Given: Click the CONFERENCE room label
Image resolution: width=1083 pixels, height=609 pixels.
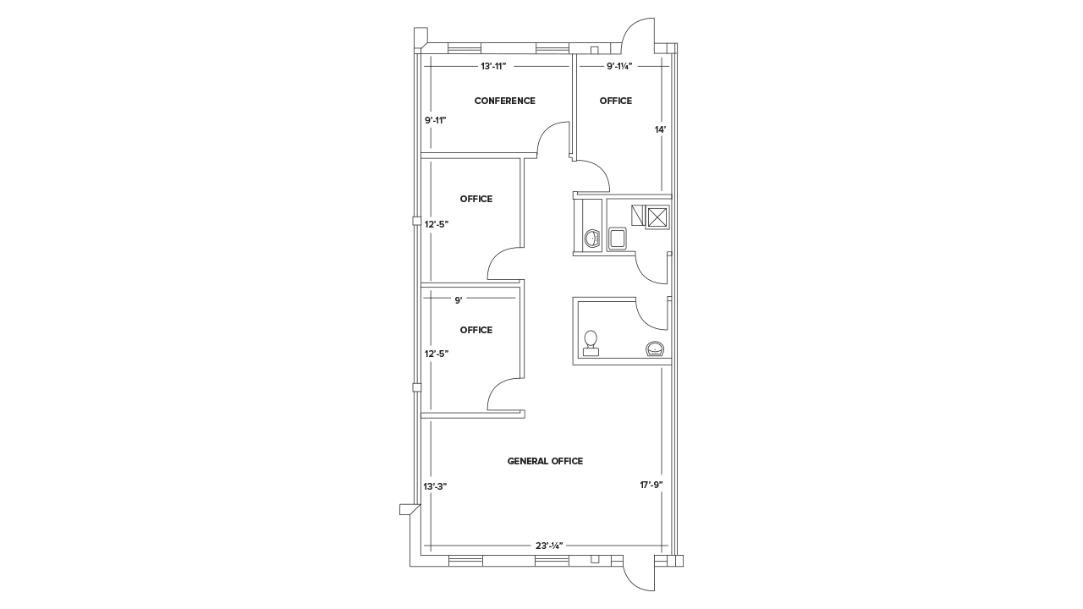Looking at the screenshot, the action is point(504,101).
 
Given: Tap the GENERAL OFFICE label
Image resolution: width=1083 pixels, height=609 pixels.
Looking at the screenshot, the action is point(545,461).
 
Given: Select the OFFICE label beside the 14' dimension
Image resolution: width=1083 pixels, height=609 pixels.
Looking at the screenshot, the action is point(616,101).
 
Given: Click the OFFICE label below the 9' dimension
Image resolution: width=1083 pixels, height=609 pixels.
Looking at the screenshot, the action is point(476,330).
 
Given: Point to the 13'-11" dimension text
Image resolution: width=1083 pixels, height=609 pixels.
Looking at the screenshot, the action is point(492,65).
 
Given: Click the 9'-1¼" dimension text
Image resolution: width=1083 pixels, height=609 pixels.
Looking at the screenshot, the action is point(619,65).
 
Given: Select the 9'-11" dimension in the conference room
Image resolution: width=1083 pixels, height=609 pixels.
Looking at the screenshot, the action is point(435,120).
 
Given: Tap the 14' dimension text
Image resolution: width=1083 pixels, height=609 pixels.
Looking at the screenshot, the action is point(660,130).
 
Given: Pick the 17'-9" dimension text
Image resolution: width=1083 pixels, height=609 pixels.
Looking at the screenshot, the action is point(651,485).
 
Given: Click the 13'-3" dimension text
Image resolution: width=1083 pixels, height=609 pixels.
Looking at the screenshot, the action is point(435,486).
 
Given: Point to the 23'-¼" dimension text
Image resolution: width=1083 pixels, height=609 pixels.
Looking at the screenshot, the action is point(548,546).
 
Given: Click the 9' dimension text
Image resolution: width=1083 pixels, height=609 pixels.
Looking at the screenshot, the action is point(458,299).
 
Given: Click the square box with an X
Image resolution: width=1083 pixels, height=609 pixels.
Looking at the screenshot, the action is point(657,217).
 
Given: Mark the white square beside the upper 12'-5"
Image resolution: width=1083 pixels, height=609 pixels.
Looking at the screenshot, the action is point(416,221).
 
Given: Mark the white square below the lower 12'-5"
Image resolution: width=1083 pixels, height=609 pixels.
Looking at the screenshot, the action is point(416,387).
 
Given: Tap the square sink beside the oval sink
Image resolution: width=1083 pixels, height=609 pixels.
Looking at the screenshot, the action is point(618,238).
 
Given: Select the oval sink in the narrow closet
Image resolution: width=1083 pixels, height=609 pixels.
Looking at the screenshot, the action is point(591,239).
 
